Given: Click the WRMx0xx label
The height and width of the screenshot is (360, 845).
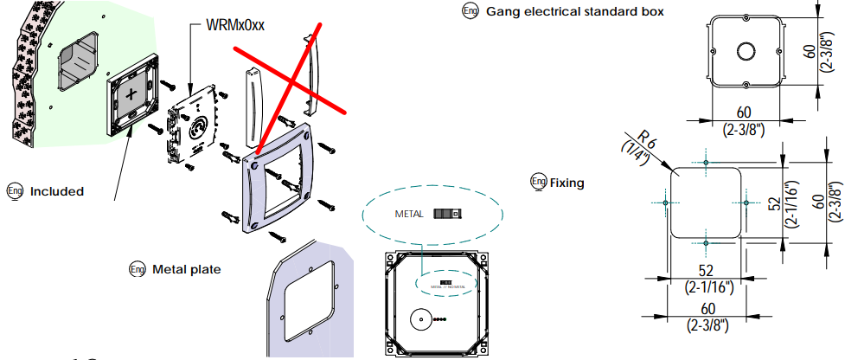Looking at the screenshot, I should (x=234, y=25).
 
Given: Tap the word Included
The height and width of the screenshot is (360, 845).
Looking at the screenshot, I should (x=56, y=191).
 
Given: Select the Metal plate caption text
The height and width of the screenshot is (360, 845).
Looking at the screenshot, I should (x=186, y=269).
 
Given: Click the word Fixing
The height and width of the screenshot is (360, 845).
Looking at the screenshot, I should (x=567, y=183).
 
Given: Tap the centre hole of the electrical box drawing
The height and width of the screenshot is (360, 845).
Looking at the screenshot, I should (x=744, y=50).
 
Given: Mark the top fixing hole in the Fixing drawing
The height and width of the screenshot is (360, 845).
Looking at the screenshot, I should (x=707, y=162).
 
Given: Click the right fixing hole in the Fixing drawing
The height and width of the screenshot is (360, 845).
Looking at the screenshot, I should (x=746, y=202).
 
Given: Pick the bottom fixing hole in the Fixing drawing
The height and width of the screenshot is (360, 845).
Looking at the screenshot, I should (x=707, y=243).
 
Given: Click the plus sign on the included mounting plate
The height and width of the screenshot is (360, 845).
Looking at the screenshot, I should (x=131, y=94).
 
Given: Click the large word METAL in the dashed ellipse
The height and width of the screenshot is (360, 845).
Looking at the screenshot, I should (x=410, y=213).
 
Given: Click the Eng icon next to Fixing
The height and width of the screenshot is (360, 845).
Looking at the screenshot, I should (x=538, y=182).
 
